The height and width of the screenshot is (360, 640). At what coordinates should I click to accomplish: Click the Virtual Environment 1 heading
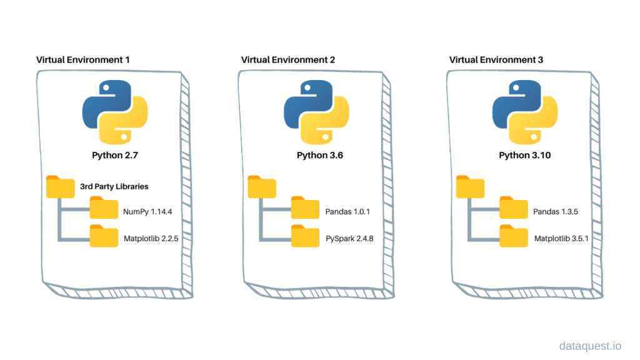point(83,60)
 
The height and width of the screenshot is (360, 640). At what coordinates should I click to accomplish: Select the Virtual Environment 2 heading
point(288,60)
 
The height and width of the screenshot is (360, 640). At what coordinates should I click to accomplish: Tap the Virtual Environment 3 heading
point(496,60)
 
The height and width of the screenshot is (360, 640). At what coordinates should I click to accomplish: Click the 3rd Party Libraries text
point(114,186)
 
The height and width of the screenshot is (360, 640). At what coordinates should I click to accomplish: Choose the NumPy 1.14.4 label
point(147,212)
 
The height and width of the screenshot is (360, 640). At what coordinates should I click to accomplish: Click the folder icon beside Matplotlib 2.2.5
point(104,236)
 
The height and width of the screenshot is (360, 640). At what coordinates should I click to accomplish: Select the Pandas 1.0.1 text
point(347,212)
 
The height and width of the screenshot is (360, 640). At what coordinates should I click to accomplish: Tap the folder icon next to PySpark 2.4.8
point(306,236)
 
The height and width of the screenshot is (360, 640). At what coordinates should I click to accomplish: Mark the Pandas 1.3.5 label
point(556,212)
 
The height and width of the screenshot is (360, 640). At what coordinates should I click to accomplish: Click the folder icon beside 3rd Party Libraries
point(60,186)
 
